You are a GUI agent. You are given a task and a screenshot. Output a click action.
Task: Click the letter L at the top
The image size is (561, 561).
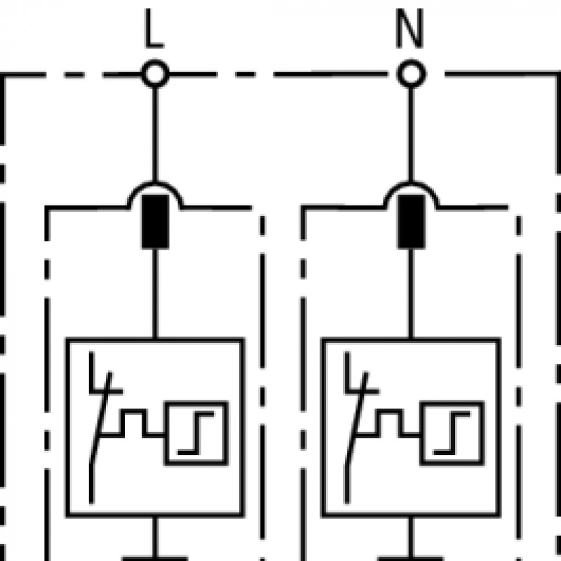tap(154, 28)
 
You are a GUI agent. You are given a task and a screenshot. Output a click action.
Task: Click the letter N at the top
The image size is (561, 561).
tap(410, 28)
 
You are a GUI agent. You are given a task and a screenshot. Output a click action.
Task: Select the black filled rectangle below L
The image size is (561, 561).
tap(155, 222)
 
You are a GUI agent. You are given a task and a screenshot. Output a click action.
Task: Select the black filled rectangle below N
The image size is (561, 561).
tap(412, 222)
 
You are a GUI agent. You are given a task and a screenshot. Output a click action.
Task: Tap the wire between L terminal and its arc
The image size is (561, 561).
tap(155, 135)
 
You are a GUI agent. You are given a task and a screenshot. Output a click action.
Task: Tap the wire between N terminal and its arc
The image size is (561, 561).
tap(411, 135)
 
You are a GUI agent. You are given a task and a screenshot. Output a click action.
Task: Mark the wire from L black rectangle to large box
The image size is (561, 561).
tap(155, 293)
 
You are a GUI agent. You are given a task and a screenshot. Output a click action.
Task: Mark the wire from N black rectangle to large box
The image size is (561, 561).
tap(411, 293)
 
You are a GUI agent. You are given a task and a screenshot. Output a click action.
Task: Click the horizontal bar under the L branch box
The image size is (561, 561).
tap(155, 558)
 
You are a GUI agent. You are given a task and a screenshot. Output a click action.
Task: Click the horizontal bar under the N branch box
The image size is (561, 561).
tap(411, 558)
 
